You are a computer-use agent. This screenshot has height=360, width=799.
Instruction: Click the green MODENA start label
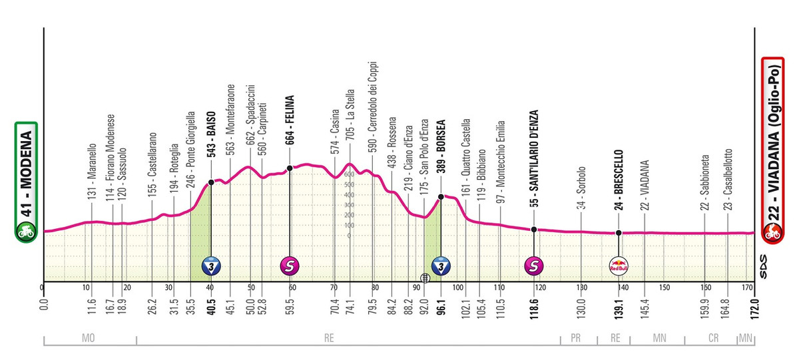(26, 179)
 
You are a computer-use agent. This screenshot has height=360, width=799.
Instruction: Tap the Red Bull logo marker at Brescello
(619, 266)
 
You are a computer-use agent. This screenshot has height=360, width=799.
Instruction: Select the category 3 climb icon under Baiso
(211, 266)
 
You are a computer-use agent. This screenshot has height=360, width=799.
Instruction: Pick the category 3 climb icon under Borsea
(440, 266)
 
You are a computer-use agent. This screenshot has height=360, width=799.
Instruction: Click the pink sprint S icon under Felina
(290, 266)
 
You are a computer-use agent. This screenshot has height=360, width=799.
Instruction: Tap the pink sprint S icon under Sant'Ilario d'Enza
(535, 266)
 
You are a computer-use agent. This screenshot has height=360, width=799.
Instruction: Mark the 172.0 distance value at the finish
(753, 303)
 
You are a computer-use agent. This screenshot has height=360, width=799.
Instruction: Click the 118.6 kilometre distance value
(535, 302)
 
